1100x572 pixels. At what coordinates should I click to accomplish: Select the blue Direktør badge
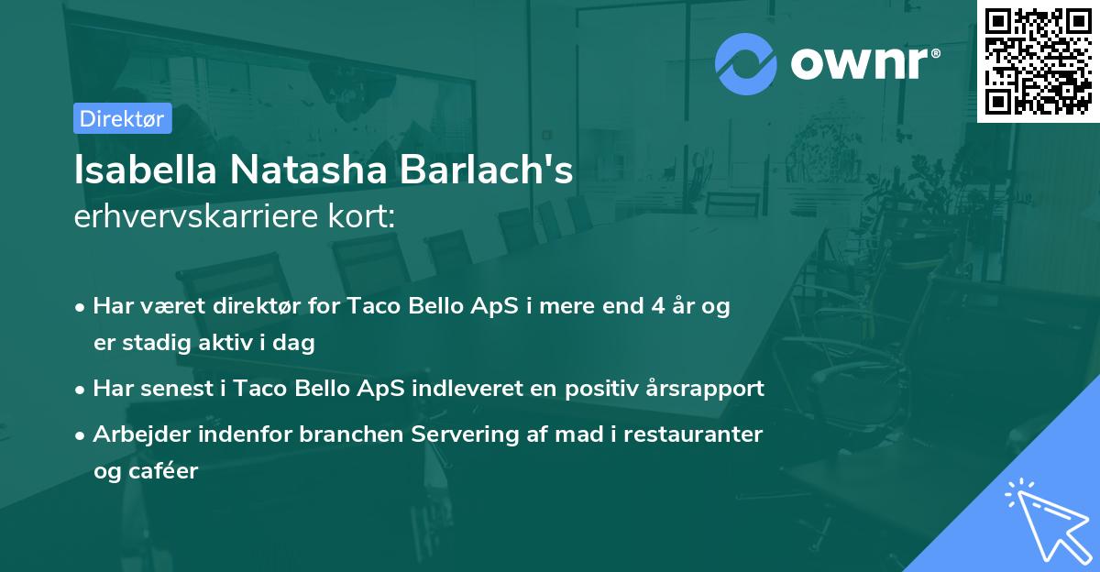pos(122,118)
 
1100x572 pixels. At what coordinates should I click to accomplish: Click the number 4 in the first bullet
pos(657,307)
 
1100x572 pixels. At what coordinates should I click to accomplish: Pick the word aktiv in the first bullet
pos(228,344)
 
